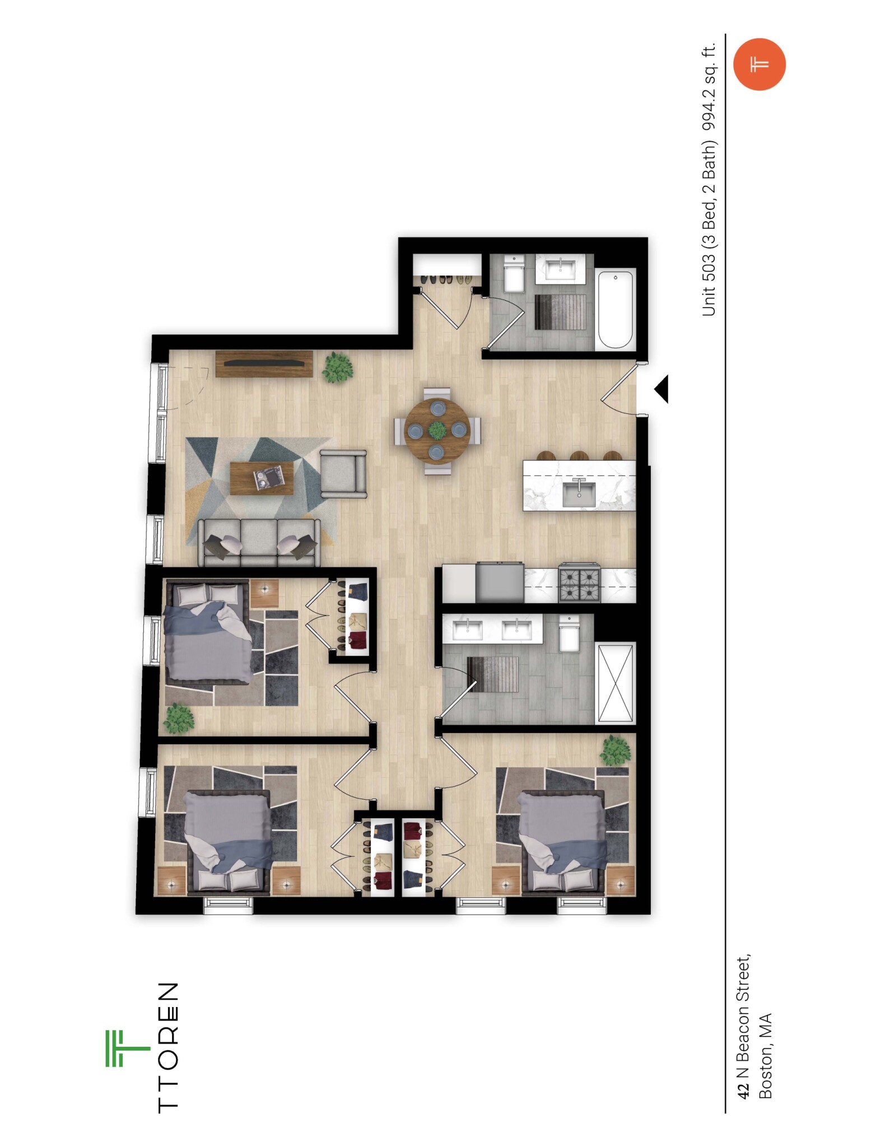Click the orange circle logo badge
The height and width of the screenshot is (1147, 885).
(x=759, y=64)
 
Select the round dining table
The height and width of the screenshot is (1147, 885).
(x=437, y=430)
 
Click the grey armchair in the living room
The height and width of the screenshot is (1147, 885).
(x=343, y=474)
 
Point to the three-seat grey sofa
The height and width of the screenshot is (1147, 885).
(x=259, y=541)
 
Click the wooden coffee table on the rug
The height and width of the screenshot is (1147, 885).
(x=262, y=478)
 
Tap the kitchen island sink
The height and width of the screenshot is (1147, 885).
(x=579, y=493)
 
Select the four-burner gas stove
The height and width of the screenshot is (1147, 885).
(x=579, y=584)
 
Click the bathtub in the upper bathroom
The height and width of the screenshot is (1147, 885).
(x=616, y=309)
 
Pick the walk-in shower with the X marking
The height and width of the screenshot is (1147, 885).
(x=616, y=683)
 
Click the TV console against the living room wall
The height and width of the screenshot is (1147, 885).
(x=264, y=363)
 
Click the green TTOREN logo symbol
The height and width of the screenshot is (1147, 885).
(x=127, y=1047)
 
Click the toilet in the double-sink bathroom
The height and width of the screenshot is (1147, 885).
(x=569, y=633)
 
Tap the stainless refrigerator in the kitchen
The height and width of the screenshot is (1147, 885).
(x=500, y=583)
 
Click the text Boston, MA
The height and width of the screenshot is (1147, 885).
(x=765, y=1055)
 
